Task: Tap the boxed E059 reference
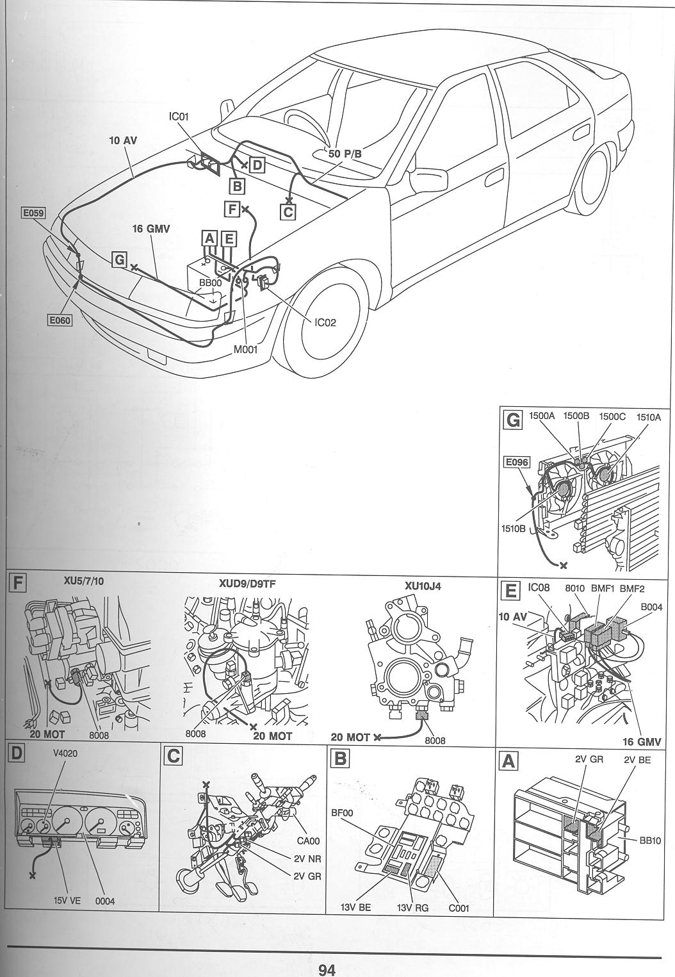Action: (33, 213)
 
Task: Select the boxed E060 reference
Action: (60, 320)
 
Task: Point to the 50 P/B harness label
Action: (345, 154)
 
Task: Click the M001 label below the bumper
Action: (245, 349)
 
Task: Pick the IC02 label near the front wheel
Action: (326, 323)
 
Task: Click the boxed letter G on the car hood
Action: (119, 260)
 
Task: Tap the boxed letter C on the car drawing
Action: (288, 212)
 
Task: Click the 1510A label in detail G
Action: (648, 418)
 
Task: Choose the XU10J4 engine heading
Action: (423, 586)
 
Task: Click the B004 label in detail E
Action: (651, 607)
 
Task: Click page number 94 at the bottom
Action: (327, 969)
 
